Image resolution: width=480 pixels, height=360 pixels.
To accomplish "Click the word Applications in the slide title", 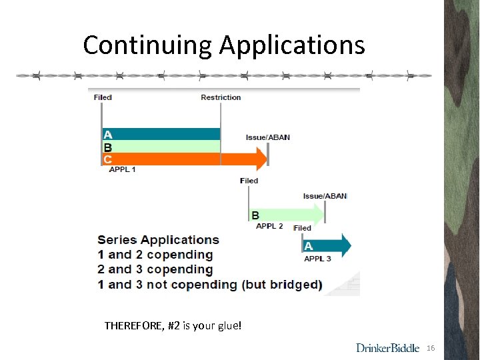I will (x=292, y=45).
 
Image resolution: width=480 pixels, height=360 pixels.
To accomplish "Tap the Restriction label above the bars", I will (x=221, y=97).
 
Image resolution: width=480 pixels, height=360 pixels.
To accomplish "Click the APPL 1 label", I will (x=123, y=170).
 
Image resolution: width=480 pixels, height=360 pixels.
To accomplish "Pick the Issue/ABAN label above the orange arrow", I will (x=267, y=137).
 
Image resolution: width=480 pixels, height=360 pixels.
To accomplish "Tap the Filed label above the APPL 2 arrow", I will (x=249, y=181).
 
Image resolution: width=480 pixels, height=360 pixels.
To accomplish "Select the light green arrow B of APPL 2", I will (x=287, y=215).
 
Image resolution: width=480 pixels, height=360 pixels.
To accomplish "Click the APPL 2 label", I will (x=269, y=227).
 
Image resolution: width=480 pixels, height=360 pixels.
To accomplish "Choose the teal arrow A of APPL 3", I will (x=327, y=245).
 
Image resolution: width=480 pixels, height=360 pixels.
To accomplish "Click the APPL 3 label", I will (x=317, y=259).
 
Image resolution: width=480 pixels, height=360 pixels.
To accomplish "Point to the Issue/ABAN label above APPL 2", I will (x=325, y=196).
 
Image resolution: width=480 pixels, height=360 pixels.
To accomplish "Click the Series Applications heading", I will (x=158, y=240).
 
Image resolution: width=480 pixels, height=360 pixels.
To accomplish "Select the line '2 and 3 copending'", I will (x=155, y=269).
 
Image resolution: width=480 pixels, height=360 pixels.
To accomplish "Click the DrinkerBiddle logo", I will (x=387, y=348).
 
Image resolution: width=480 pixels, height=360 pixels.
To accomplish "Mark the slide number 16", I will (x=430, y=349).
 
